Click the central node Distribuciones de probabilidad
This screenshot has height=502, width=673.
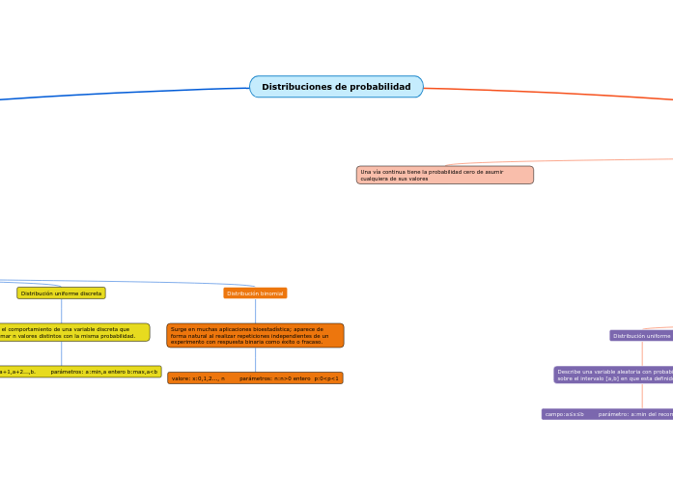click(x=336, y=87)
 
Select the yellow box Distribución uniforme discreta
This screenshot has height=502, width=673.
click(x=61, y=293)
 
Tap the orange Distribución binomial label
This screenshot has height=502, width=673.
click(x=255, y=293)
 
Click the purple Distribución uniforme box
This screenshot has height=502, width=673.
click(x=641, y=336)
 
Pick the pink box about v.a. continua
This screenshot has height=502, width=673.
click(x=444, y=175)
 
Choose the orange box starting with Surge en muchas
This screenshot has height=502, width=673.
click(x=255, y=335)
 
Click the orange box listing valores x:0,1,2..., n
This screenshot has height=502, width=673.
click(x=255, y=378)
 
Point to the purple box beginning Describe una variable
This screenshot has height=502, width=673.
click(x=613, y=375)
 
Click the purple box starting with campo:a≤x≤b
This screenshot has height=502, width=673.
click(x=607, y=414)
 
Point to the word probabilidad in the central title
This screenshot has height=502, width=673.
click(x=380, y=87)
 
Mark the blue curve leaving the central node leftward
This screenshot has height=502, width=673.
click(x=126, y=92)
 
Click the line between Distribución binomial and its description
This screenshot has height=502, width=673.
click(x=255, y=311)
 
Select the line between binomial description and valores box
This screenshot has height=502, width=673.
click(x=255, y=359)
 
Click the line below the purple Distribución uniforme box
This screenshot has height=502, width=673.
click(x=642, y=353)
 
